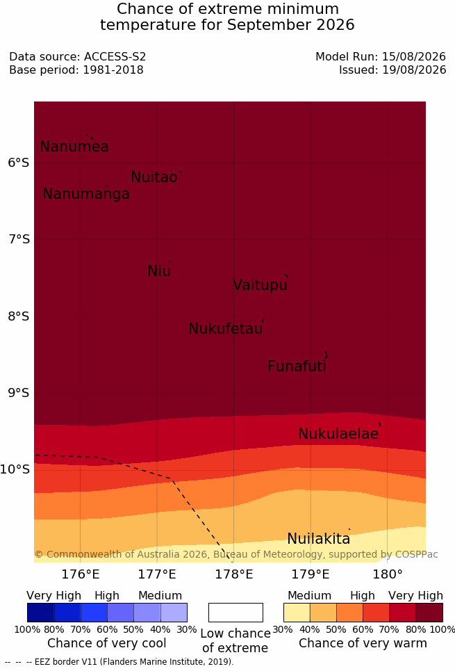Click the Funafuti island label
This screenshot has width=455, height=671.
click(x=297, y=366)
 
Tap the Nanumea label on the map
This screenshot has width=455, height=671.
click(x=74, y=146)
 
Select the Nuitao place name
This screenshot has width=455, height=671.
click(x=154, y=177)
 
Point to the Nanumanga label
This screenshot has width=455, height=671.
click(x=86, y=194)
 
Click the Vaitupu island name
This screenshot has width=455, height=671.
click(x=260, y=285)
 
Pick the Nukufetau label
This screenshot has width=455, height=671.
click(x=225, y=329)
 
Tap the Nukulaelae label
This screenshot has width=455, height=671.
click(x=338, y=433)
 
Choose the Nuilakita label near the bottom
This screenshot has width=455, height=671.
click(x=319, y=538)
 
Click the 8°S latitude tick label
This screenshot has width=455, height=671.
click(x=19, y=316)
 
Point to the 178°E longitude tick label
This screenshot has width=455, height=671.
click(x=234, y=574)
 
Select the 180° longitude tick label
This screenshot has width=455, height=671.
click(x=388, y=574)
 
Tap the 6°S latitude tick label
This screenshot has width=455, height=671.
click(x=19, y=163)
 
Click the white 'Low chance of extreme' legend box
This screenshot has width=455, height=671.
click(x=235, y=613)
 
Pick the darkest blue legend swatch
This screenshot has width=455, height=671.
click(x=40, y=613)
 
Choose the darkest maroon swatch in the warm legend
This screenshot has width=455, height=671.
click(x=429, y=613)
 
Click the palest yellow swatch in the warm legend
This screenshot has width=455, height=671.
click(x=297, y=613)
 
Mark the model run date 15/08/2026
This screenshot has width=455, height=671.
click(x=414, y=56)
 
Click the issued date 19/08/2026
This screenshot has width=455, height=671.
click(x=414, y=70)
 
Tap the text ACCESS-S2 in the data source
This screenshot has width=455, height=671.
click(x=115, y=56)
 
